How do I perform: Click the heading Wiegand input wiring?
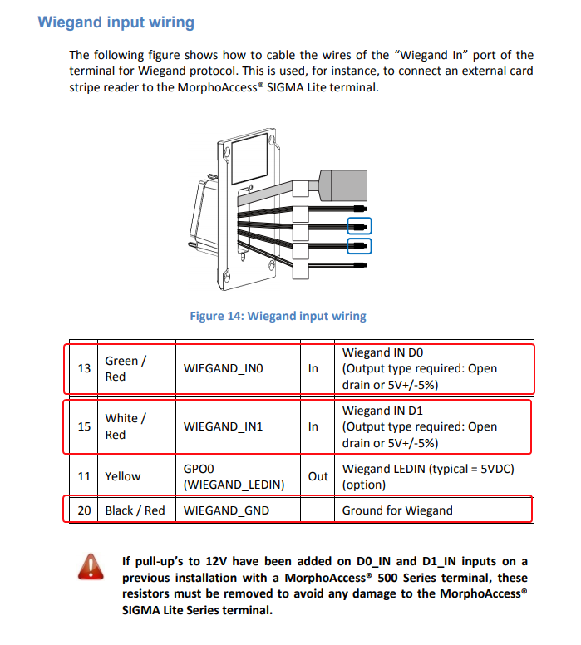tap(116, 22)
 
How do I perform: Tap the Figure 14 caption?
tap(278, 316)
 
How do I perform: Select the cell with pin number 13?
tap(84, 368)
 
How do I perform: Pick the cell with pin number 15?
tap(84, 426)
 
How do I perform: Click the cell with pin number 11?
tap(84, 476)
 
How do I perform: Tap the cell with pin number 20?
tap(84, 510)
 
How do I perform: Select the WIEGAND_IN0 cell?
tap(223, 368)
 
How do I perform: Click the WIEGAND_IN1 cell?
tap(223, 426)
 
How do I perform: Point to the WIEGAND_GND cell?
tap(226, 510)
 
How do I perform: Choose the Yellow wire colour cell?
tap(123, 476)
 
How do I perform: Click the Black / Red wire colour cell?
tap(135, 510)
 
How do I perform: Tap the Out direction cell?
tap(318, 476)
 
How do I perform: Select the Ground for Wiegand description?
tap(397, 510)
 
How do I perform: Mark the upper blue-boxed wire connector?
tap(358, 225)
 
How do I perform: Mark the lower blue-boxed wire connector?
tap(358, 245)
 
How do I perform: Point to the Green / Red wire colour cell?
tap(126, 368)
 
